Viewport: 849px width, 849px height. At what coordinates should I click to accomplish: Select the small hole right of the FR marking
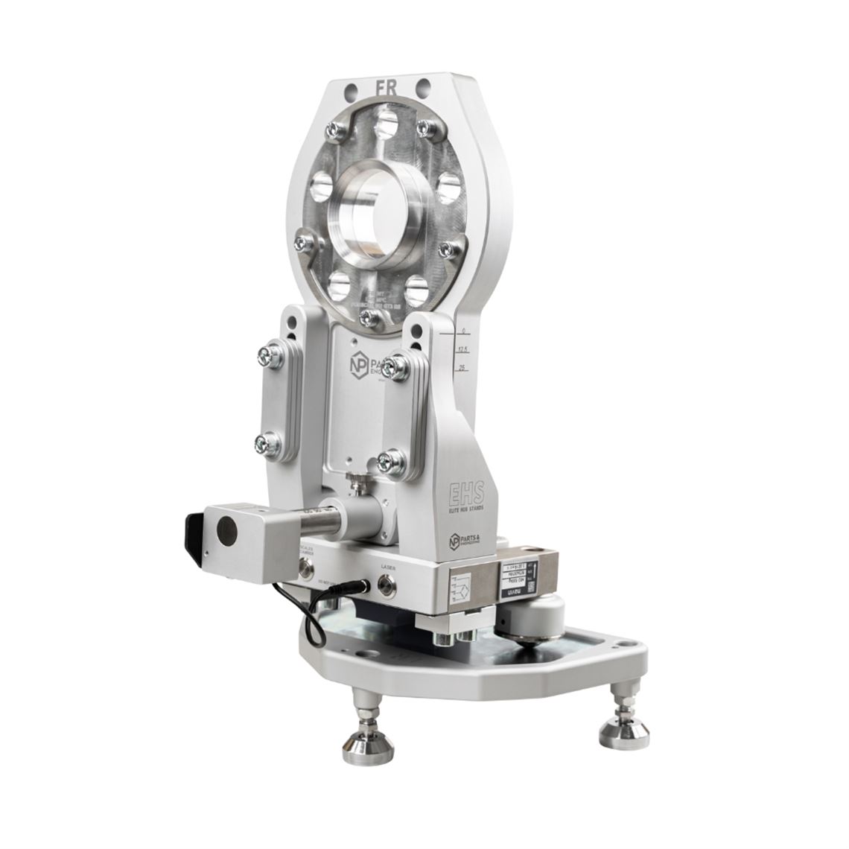click(x=423, y=88)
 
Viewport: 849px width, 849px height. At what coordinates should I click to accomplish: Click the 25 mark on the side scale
click(x=462, y=368)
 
